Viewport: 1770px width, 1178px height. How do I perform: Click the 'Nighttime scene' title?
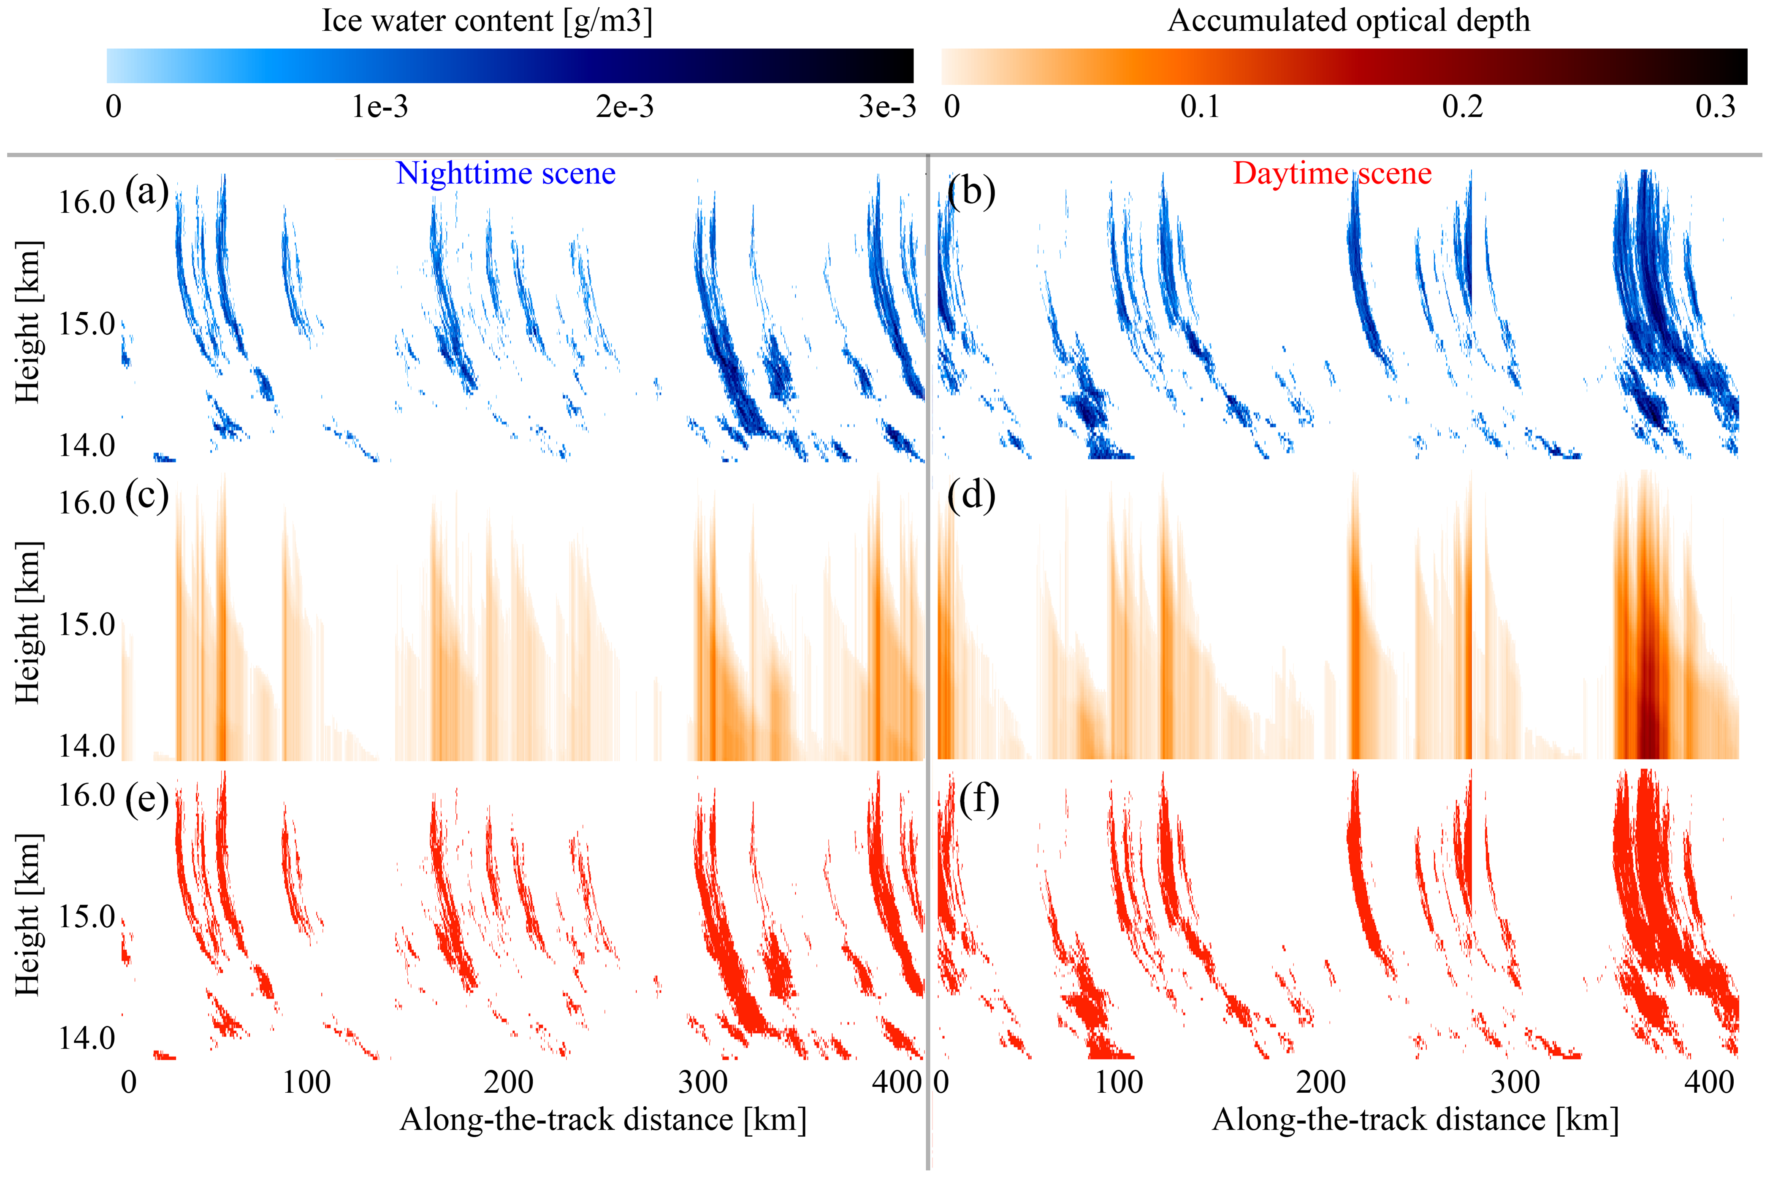click(x=506, y=173)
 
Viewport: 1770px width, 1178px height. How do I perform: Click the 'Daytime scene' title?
click(x=1332, y=173)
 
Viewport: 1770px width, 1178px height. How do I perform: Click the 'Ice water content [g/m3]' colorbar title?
click(x=487, y=21)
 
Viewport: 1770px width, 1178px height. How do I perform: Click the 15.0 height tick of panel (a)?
click(x=87, y=325)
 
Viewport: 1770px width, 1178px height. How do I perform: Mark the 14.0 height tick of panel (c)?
click(x=87, y=746)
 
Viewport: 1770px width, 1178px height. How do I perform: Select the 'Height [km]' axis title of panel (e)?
click(x=28, y=914)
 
